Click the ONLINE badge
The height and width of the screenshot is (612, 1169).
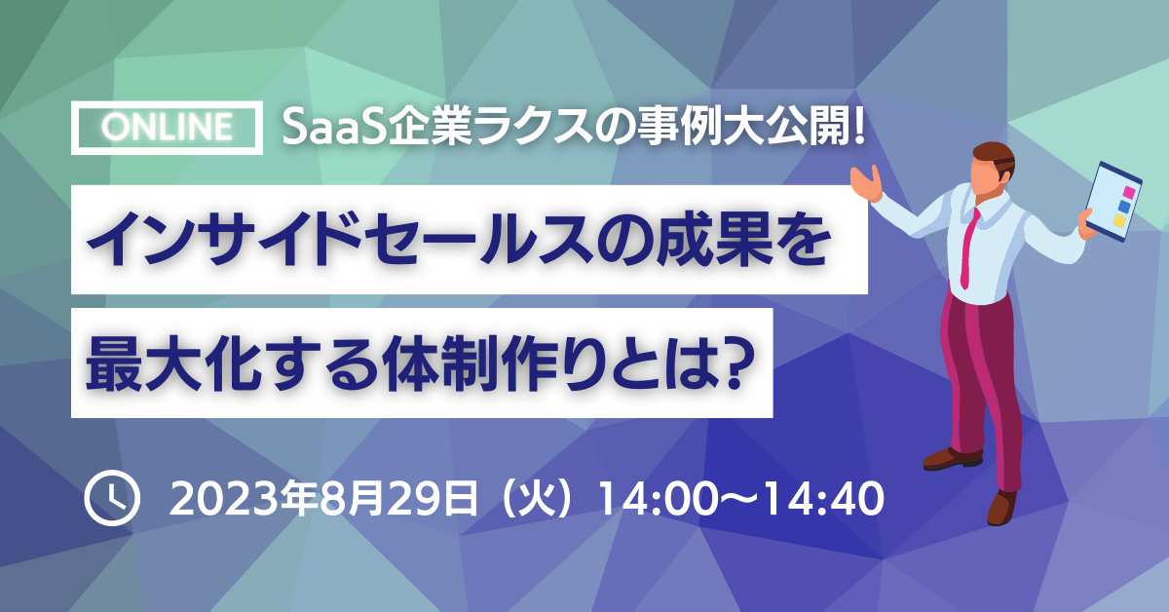point(167,128)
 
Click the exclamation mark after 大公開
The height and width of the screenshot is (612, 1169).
point(859,129)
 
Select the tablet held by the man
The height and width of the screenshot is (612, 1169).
point(1113,201)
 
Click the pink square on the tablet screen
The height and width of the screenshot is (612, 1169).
point(1129,192)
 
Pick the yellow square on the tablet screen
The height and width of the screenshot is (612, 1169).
point(1119,221)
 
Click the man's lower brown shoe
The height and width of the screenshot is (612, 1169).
point(1001,507)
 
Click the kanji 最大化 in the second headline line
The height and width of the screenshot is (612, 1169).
point(173,363)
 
